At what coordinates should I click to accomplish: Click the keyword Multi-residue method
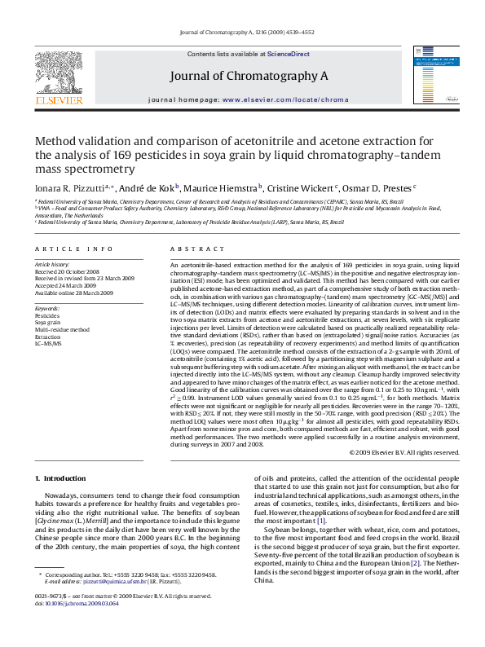[x=61, y=329]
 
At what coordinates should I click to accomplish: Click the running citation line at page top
[x=242, y=33]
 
